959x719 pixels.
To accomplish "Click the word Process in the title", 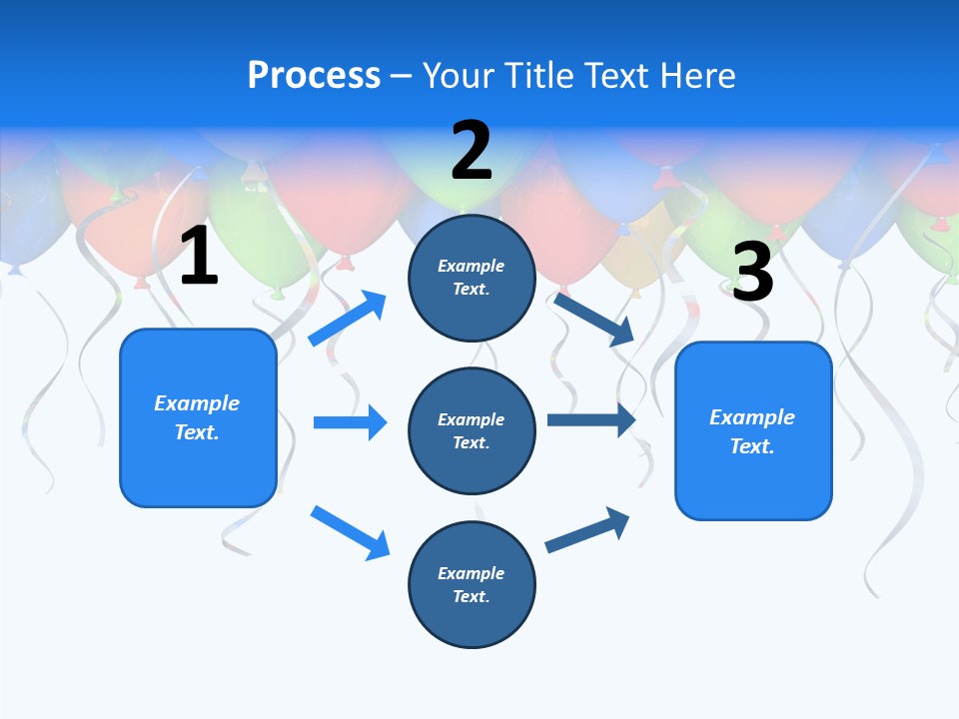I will click(x=314, y=76).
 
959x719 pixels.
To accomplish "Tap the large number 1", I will click(x=199, y=257).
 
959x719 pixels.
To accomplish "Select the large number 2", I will click(x=472, y=151).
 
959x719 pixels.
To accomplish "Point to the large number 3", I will click(x=752, y=272).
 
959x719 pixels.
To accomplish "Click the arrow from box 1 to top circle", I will click(x=348, y=319).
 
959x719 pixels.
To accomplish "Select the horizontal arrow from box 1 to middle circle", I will click(x=350, y=422).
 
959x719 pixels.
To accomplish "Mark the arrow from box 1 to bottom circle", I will click(x=350, y=532).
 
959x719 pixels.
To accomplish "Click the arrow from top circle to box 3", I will click(x=594, y=320).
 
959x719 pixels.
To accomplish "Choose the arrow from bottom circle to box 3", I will click(x=587, y=530).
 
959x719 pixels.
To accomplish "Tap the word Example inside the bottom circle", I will click(x=471, y=573).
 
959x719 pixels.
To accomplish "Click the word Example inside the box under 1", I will click(x=197, y=403).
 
